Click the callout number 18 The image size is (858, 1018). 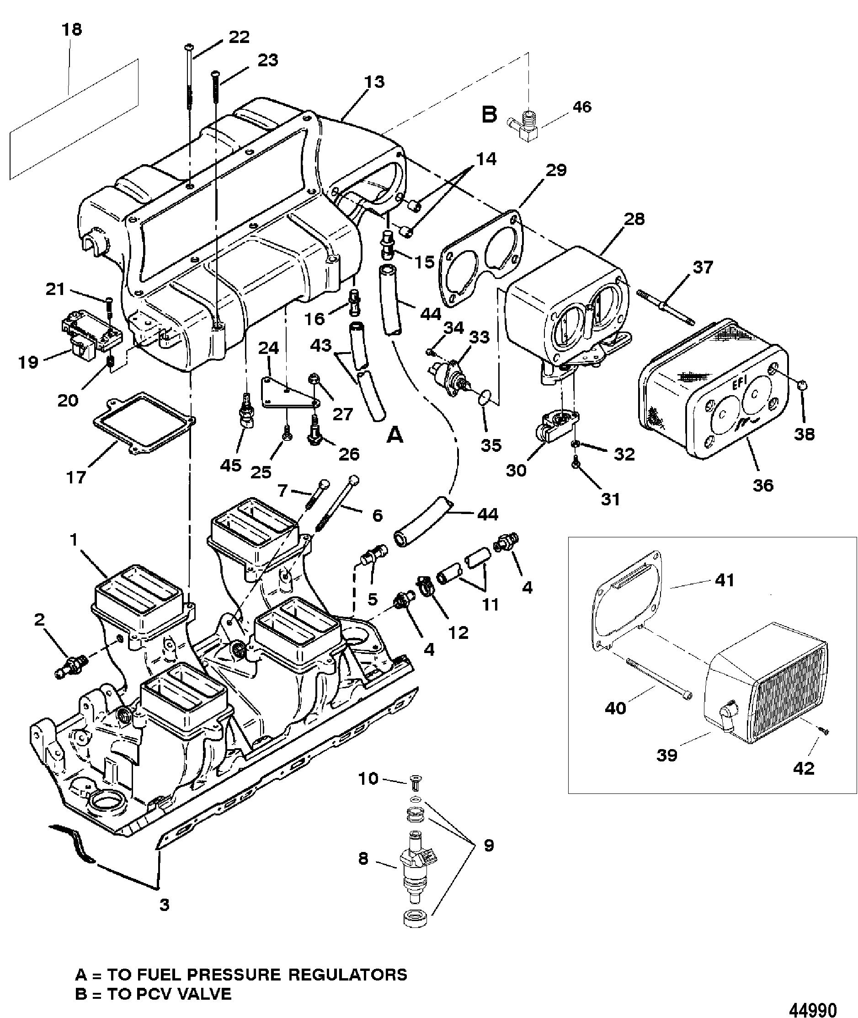point(71,30)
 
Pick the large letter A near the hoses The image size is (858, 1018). point(394,435)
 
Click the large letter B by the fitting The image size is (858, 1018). point(489,115)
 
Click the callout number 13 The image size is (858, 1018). point(374,81)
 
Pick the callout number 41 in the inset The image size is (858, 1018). point(724,580)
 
